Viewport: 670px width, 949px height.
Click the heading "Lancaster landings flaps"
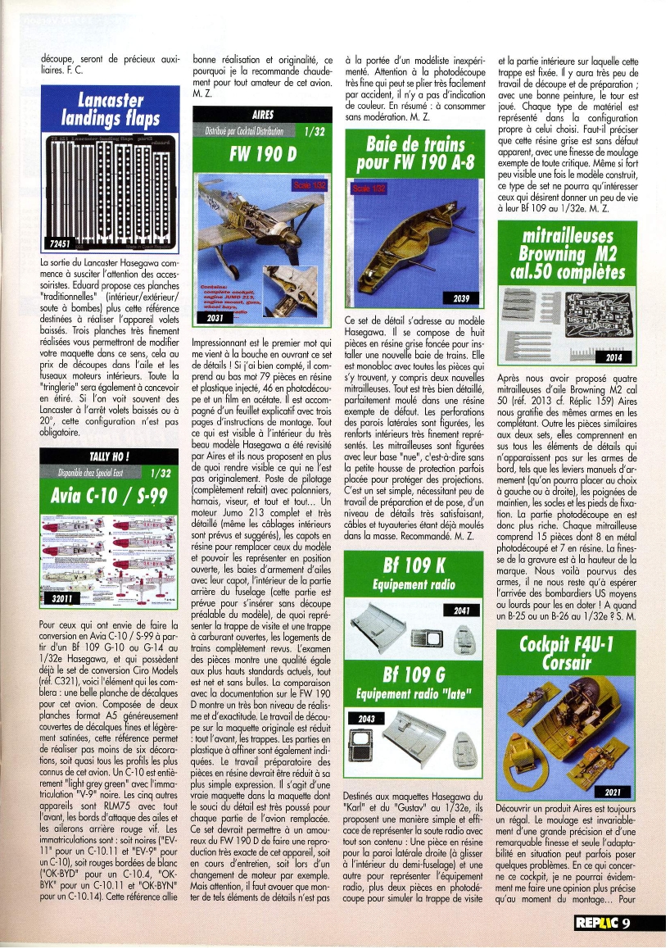coord(109,111)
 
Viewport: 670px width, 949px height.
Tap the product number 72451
coord(60,244)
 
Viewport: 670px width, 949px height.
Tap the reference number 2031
coord(215,317)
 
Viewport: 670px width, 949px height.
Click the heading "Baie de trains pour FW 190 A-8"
coord(416,154)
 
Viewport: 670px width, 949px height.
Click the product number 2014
coord(614,358)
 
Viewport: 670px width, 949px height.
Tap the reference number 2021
coord(615,792)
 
